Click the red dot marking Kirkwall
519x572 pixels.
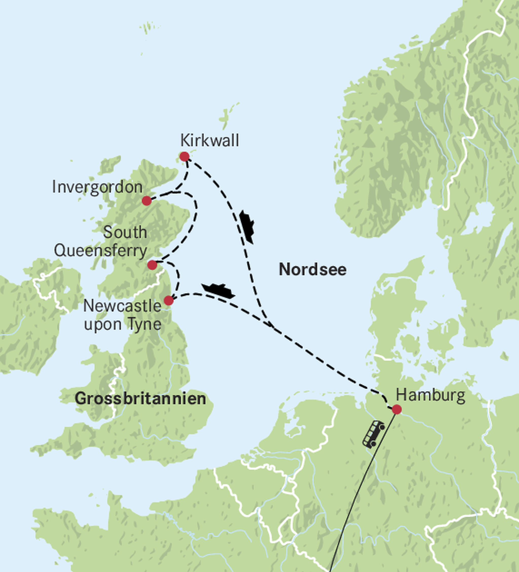point(184,156)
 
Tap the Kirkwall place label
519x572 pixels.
point(210,141)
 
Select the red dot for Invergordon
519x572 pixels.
point(146,201)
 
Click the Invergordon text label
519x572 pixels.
point(97,188)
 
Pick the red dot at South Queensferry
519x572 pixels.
point(152,265)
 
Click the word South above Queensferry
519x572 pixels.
point(125,233)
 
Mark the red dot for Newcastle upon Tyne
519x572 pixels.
point(169,301)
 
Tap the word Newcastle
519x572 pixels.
point(122,306)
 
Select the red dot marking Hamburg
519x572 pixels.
point(397,409)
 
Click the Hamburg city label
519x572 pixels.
point(430,396)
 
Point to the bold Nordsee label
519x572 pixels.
point(313,269)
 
